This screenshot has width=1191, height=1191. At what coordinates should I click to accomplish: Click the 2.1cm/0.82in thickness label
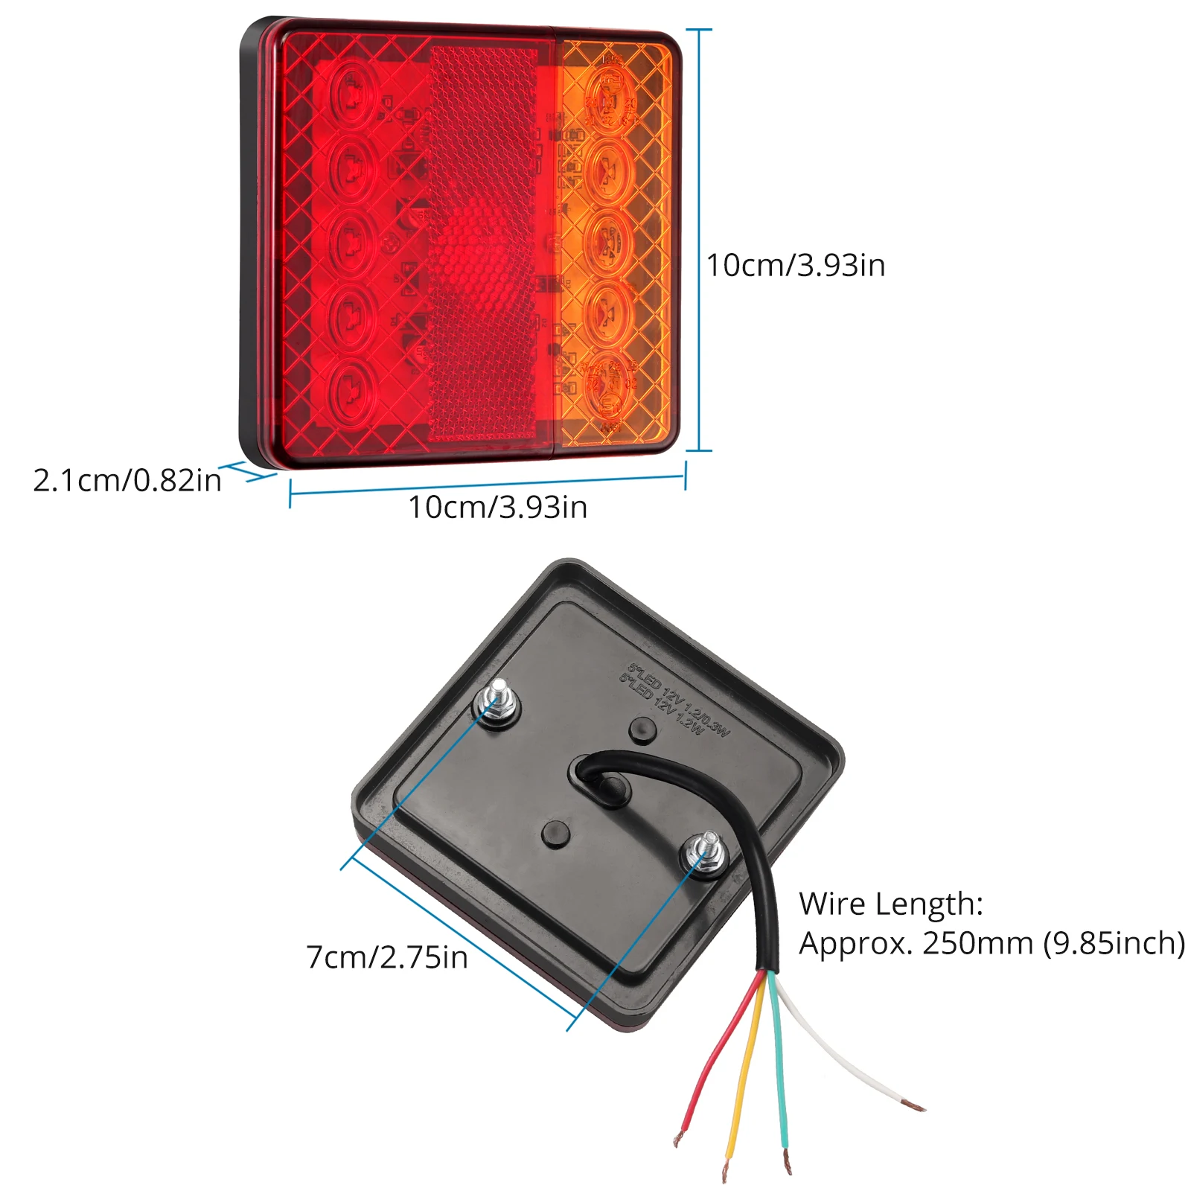point(127,481)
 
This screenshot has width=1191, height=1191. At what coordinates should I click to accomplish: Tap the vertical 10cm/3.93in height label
point(796,266)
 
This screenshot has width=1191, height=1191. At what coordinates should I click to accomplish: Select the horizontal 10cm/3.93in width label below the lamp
point(497,508)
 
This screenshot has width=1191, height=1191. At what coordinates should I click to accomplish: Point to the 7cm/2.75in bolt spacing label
point(387,957)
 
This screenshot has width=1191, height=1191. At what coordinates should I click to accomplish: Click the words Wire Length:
point(891,904)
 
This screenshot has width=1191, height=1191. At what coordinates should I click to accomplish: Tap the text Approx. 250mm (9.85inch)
point(992,944)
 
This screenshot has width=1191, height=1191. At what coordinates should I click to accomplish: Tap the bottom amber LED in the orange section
point(609,383)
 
